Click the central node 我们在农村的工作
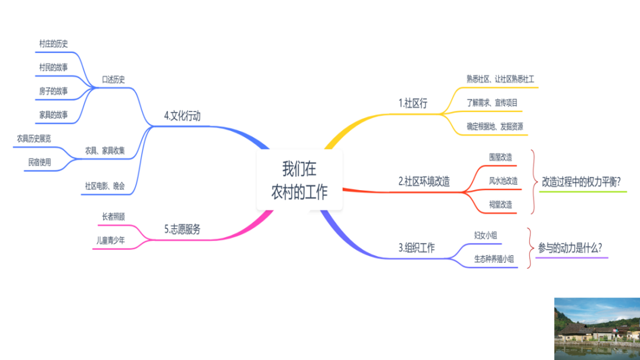pyautogui.click(x=299, y=181)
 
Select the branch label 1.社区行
pyautogui.click(x=413, y=103)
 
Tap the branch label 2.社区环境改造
pyautogui.click(x=424, y=181)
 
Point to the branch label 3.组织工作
pyautogui.click(x=417, y=248)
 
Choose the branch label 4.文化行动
pyautogui.click(x=182, y=116)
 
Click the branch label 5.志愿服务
pyautogui.click(x=182, y=229)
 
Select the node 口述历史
pyautogui.click(x=113, y=80)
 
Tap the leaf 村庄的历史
pyautogui.click(x=54, y=44)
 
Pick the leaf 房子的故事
pyautogui.click(x=54, y=91)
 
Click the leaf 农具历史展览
pyautogui.click(x=34, y=138)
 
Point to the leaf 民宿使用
pyautogui.click(x=40, y=162)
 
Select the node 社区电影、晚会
pyautogui.click(x=104, y=186)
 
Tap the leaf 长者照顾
pyautogui.click(x=113, y=217)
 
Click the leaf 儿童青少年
pyautogui.click(x=111, y=241)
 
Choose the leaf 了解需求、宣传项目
pyautogui.click(x=492, y=103)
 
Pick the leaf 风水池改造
pyautogui.click(x=503, y=181)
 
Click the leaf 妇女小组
pyautogui.click(x=486, y=235)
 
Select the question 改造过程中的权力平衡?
pyautogui.click(x=582, y=182)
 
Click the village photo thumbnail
pyautogui.click(x=596, y=328)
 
